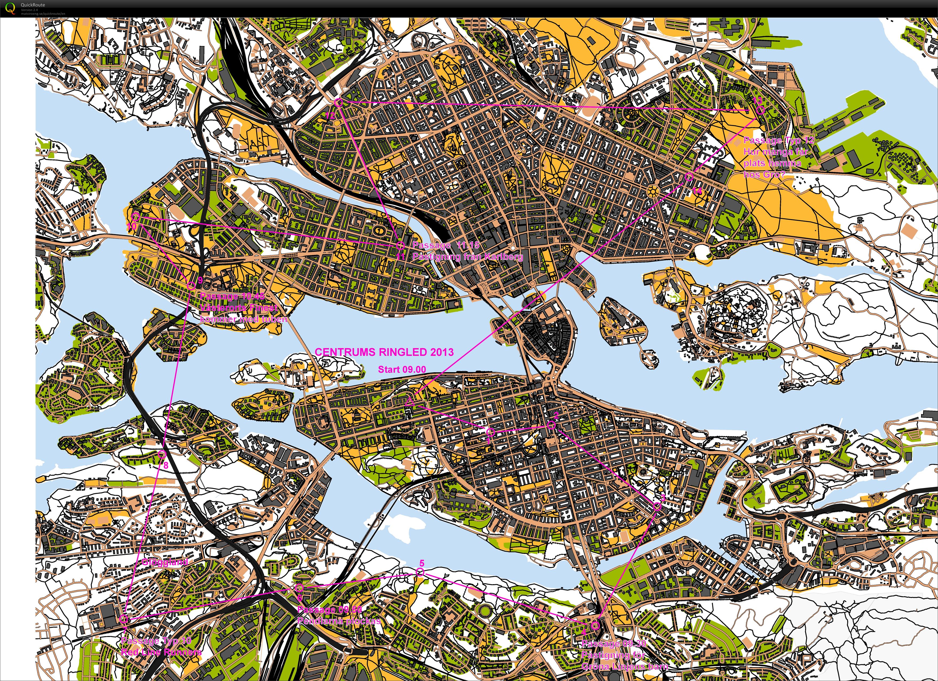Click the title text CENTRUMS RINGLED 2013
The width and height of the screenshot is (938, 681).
pos(384,352)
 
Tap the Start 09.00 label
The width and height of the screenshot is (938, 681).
pos(402,369)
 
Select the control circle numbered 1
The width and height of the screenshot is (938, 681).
pos(490,432)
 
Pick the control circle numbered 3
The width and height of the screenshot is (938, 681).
pos(657,506)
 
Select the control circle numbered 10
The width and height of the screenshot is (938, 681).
pos(135,216)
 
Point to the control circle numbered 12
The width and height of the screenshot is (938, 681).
pos(338,102)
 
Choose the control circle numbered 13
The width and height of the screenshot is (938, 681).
pos(760,110)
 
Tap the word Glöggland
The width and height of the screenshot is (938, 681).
pos(165,562)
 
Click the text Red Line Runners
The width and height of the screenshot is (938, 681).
pos(161,652)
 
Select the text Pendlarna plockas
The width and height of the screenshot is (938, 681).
pos(339,621)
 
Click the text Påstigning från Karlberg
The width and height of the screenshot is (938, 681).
pos(467,257)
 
